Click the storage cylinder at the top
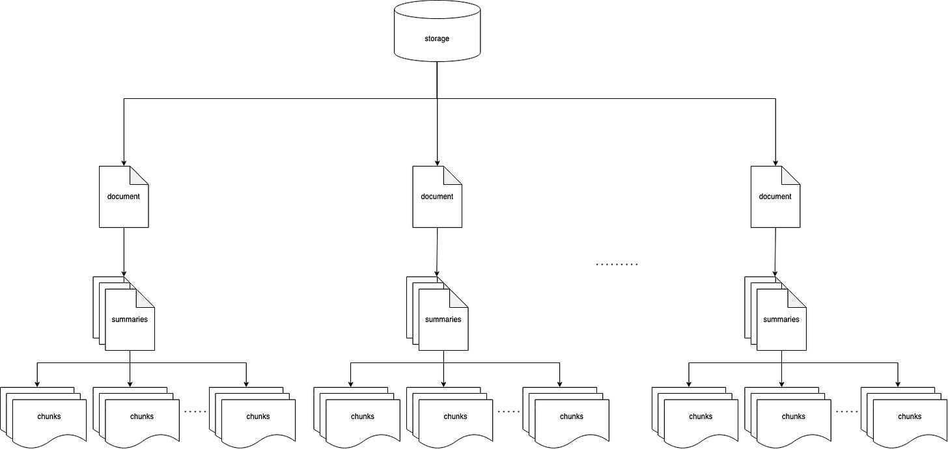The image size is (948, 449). [437, 31]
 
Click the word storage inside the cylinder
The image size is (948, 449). [437, 39]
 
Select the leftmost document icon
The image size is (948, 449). [124, 197]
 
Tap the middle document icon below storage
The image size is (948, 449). [437, 197]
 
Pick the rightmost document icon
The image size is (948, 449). [775, 197]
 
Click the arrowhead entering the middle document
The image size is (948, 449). [437, 162]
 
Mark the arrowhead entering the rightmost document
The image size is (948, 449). [775, 162]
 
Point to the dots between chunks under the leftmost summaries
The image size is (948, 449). [195, 412]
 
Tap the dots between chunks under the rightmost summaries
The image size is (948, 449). [846, 412]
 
